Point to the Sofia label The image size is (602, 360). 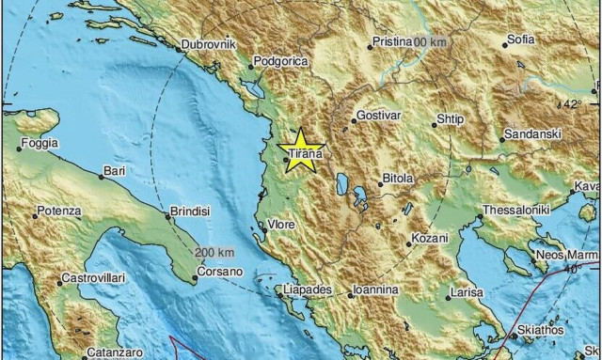[520, 40]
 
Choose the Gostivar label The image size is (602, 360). [378, 118]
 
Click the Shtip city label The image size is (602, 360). [452, 120]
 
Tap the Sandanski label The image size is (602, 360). [532, 135]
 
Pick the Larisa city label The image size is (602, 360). [467, 295]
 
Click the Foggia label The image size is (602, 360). [40, 144]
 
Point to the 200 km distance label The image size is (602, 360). [214, 254]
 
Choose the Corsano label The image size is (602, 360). [219, 272]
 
